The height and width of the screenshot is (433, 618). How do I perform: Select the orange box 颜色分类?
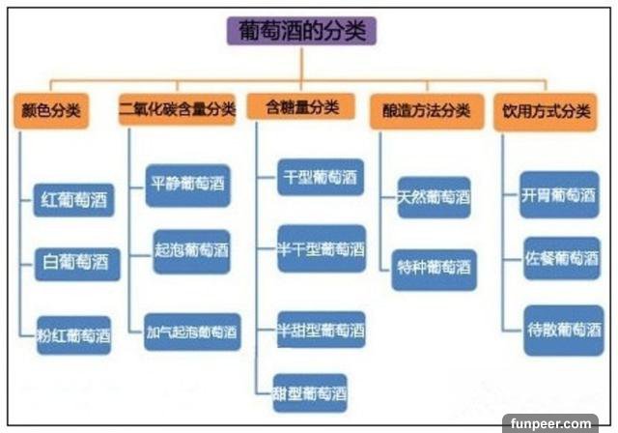pyautogui.click(x=50, y=110)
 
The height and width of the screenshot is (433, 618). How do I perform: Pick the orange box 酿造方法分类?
pyautogui.click(x=426, y=110)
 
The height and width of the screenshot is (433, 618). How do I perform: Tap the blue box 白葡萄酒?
pyautogui.click(x=75, y=261)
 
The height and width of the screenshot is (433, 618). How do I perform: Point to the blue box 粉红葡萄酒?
pyautogui.click(x=73, y=334)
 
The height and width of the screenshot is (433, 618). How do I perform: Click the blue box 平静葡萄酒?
pyautogui.click(x=190, y=183)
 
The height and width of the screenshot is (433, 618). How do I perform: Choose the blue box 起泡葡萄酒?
pyautogui.click(x=191, y=250)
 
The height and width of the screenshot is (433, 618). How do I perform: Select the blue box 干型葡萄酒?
pyautogui.click(x=320, y=177)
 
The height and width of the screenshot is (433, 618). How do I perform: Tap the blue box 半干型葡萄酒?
pyautogui.click(x=320, y=249)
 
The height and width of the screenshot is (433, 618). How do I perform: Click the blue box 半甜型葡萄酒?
pyautogui.click(x=320, y=330)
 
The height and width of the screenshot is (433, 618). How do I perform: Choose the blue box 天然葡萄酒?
pyautogui.click(x=435, y=198)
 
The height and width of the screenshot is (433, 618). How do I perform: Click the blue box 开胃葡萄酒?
pyautogui.click(x=560, y=194)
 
